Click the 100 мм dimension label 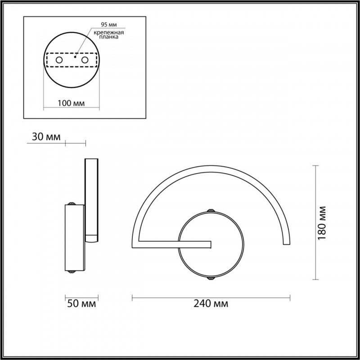pyautogui.click(x=72, y=103)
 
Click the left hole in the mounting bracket pyautogui.click(x=59, y=59)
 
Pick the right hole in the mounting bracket pyautogui.click(x=84, y=59)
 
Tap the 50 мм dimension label pyautogui.click(x=81, y=304)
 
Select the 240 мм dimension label pyautogui.click(x=211, y=304)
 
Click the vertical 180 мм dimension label pyautogui.click(x=322, y=223)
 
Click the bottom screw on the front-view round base pyautogui.click(x=210, y=279)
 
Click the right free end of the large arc pyautogui.click(x=286, y=243)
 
